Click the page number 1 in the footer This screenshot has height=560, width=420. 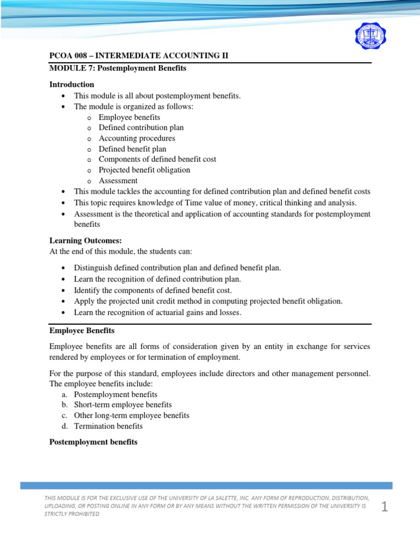(x=384, y=507)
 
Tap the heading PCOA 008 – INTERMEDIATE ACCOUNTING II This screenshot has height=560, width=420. (x=139, y=56)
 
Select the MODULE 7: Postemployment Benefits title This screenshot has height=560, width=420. (x=118, y=68)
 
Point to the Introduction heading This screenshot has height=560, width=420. (x=72, y=85)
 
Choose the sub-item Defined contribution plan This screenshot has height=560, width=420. (x=141, y=127)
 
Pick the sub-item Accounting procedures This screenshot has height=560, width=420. (x=137, y=138)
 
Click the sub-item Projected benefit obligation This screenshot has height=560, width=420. (x=144, y=170)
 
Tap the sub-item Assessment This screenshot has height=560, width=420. (x=118, y=180)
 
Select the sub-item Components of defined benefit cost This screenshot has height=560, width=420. (x=157, y=159)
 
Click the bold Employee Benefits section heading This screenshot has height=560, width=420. (x=81, y=331)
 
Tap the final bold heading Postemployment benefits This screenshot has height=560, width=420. (x=93, y=442)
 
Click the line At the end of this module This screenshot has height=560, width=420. (x=121, y=251)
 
